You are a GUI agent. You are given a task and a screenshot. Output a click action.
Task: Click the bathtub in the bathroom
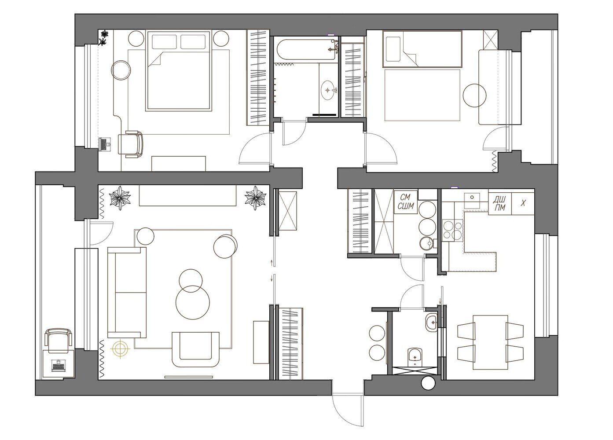point(306,50)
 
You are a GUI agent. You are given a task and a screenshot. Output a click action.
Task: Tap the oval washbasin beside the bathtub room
point(327,90)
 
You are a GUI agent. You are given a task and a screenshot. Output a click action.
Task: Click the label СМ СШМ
point(406,202)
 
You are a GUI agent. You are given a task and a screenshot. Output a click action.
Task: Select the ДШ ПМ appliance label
point(500,204)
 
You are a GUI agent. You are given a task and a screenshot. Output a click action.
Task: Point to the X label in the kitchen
point(523,203)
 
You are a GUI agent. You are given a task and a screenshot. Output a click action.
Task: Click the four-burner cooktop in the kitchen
point(452,230)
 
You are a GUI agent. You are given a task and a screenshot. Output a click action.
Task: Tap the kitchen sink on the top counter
point(472,200)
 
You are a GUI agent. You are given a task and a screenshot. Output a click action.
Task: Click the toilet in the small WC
point(415,356)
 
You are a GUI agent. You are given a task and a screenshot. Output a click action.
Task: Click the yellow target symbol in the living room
point(120,348)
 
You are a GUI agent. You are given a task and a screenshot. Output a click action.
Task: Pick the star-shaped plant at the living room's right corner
point(255,198)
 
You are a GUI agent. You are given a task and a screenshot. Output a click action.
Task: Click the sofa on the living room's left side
point(127,292)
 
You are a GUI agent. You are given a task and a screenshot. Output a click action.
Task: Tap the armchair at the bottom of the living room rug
point(195,350)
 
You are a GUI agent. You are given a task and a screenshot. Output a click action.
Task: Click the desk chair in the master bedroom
point(131,144)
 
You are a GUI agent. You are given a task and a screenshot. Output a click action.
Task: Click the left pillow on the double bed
point(164,42)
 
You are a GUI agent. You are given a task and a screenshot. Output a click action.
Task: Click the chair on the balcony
point(59,341)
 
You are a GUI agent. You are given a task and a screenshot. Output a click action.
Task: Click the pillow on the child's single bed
point(393,49)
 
